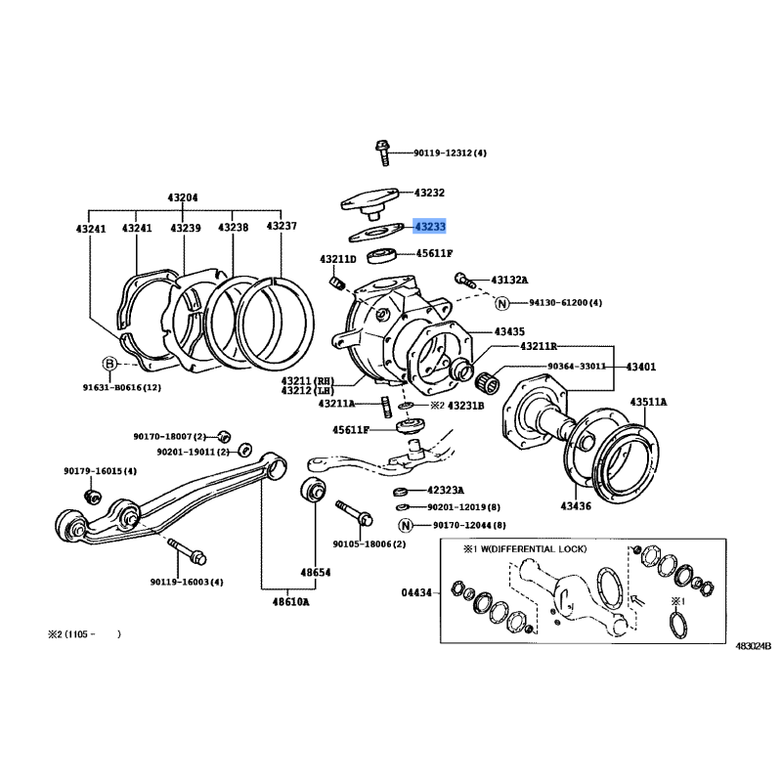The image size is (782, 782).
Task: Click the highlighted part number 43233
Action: tap(429, 227)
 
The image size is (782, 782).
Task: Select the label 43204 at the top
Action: tap(184, 197)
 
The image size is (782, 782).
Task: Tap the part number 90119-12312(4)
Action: tap(449, 153)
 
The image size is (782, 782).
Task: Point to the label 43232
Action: tap(429, 194)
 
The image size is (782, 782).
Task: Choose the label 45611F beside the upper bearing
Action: tap(433, 253)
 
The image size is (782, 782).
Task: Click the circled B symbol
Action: tap(109, 364)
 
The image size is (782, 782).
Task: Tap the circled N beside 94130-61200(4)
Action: tap(501, 303)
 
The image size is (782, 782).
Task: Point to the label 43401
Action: tap(641, 367)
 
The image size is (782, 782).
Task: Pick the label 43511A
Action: tap(648, 402)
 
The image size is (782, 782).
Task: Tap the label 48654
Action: tap(315, 573)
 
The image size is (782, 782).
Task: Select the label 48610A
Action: tap(290, 601)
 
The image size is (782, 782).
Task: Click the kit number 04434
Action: tap(415, 590)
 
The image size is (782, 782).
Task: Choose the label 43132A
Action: tap(508, 279)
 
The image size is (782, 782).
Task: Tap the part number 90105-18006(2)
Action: tap(369, 543)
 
